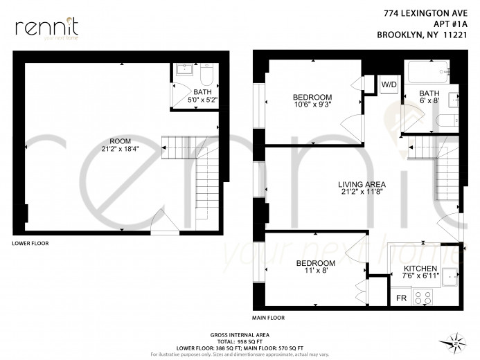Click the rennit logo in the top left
[46, 28]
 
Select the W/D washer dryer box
[389, 85]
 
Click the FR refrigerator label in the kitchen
[400, 298]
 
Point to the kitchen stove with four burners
[423, 298]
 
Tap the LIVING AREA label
[362, 184]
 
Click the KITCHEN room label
[420, 269]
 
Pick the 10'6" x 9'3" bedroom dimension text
[312, 106]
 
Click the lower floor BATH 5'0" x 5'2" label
[203, 96]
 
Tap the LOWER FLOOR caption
[30, 244]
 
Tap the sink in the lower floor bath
[185, 69]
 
